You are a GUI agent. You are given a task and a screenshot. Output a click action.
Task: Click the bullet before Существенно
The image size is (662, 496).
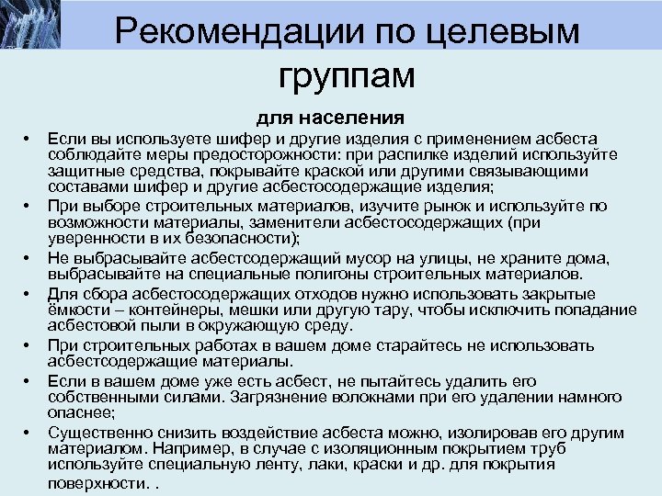pos(28,430)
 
